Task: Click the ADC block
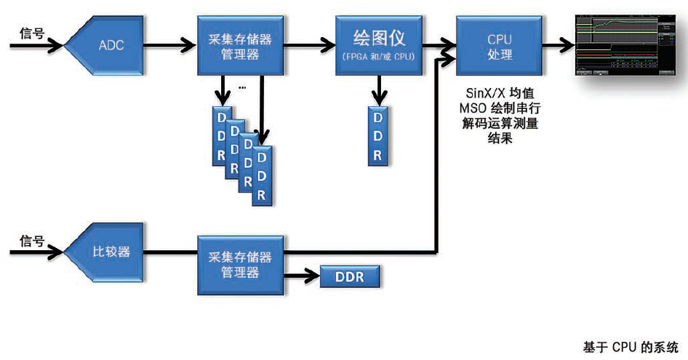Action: click(x=109, y=45)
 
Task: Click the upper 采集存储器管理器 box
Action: click(x=240, y=45)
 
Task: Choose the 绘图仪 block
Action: click(x=379, y=44)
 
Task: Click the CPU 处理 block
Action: click(x=500, y=44)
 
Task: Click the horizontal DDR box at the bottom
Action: click(x=350, y=276)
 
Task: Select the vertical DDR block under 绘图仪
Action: click(x=378, y=136)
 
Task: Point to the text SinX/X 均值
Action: click(x=500, y=95)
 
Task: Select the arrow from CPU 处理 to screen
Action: click(x=556, y=45)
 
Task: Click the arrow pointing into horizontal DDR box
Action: click(x=302, y=276)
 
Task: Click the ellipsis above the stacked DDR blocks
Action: click(x=242, y=87)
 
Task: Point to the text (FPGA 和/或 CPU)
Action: click(x=379, y=57)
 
